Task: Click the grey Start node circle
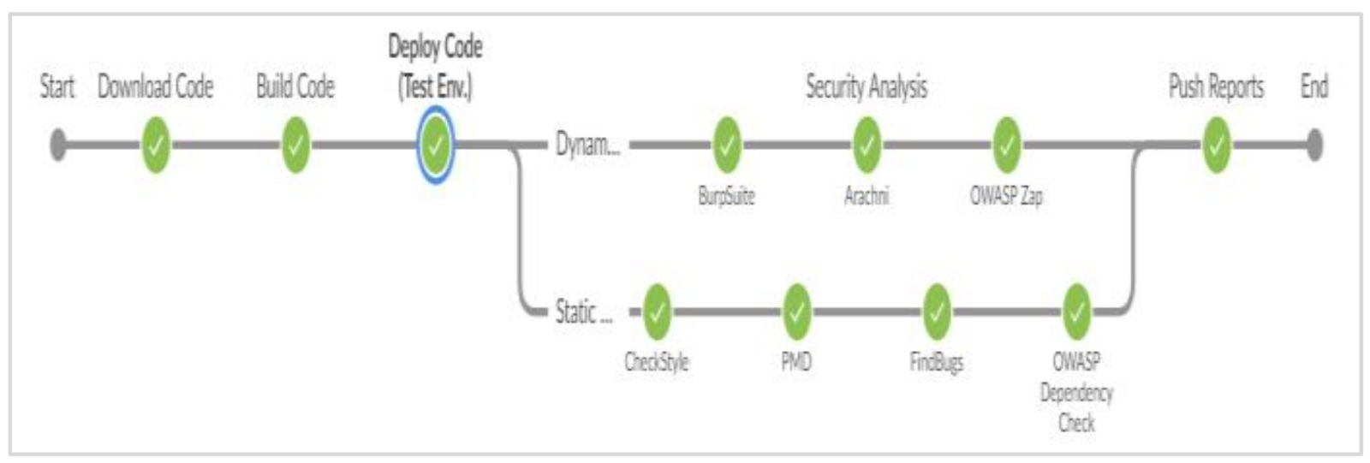57,145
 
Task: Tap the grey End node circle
1314,145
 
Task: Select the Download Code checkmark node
156,145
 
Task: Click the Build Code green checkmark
295,145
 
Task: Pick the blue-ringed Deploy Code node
435,145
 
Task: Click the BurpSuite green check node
727,145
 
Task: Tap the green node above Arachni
867,145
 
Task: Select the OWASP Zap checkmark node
1006,145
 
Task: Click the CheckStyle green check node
657,312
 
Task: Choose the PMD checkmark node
796,312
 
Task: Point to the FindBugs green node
936,312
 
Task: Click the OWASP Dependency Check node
1075,312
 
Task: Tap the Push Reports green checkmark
1216,145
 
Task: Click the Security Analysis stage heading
867,86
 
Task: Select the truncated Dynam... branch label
587,145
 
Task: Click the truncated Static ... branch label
584,312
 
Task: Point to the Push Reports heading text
1216,86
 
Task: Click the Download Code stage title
156,86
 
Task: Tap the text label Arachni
867,196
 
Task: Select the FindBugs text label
936,362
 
